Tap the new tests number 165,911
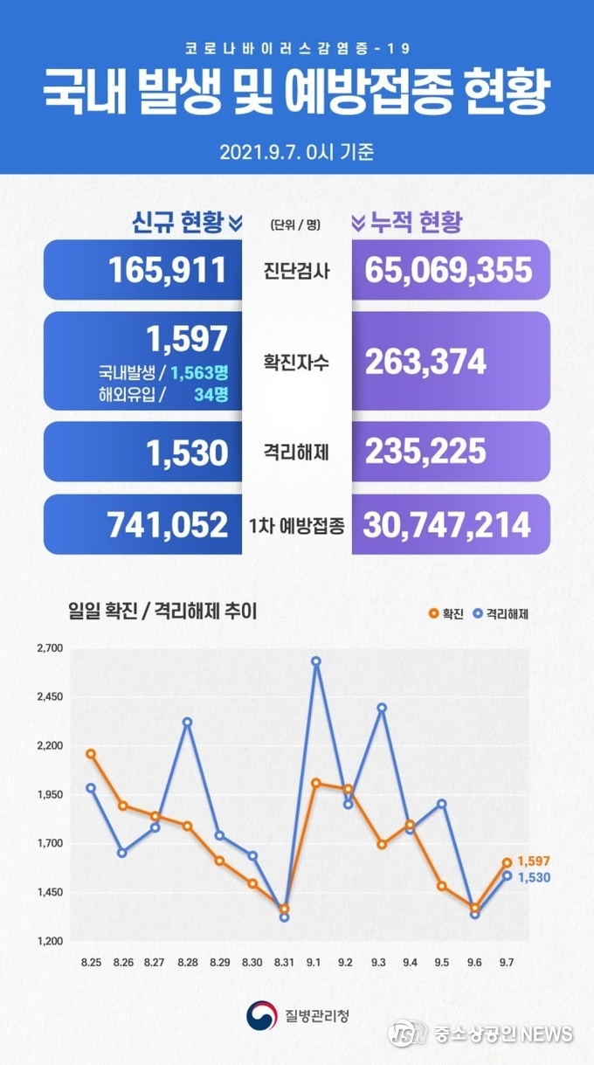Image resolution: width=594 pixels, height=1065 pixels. pyautogui.click(x=168, y=270)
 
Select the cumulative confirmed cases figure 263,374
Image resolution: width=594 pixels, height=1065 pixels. pyautogui.click(x=425, y=361)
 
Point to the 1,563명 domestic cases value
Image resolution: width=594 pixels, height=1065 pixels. pyautogui.click(x=198, y=373)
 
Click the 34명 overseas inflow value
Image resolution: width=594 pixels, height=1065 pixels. pyautogui.click(x=211, y=394)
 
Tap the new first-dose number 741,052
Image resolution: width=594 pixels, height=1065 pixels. pyautogui.click(x=167, y=524)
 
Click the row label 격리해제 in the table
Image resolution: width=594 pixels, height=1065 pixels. pyautogui.click(x=297, y=452)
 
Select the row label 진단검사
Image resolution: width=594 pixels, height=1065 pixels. pyautogui.click(x=297, y=270)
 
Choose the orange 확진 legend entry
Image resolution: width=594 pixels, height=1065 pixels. pyautogui.click(x=445, y=614)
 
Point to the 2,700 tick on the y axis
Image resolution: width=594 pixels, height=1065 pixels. pyautogui.click(x=50, y=648)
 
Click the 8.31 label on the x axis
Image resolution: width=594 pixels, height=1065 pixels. pyautogui.click(x=283, y=962)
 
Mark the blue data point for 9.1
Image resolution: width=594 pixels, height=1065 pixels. pyautogui.click(x=315, y=661)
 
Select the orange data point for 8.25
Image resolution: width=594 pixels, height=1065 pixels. pyautogui.click(x=91, y=753)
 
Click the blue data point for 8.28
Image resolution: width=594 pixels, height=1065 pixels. pyautogui.click(x=187, y=722)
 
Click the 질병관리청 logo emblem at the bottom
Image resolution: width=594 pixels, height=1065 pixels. pyautogui.click(x=260, y=1014)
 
